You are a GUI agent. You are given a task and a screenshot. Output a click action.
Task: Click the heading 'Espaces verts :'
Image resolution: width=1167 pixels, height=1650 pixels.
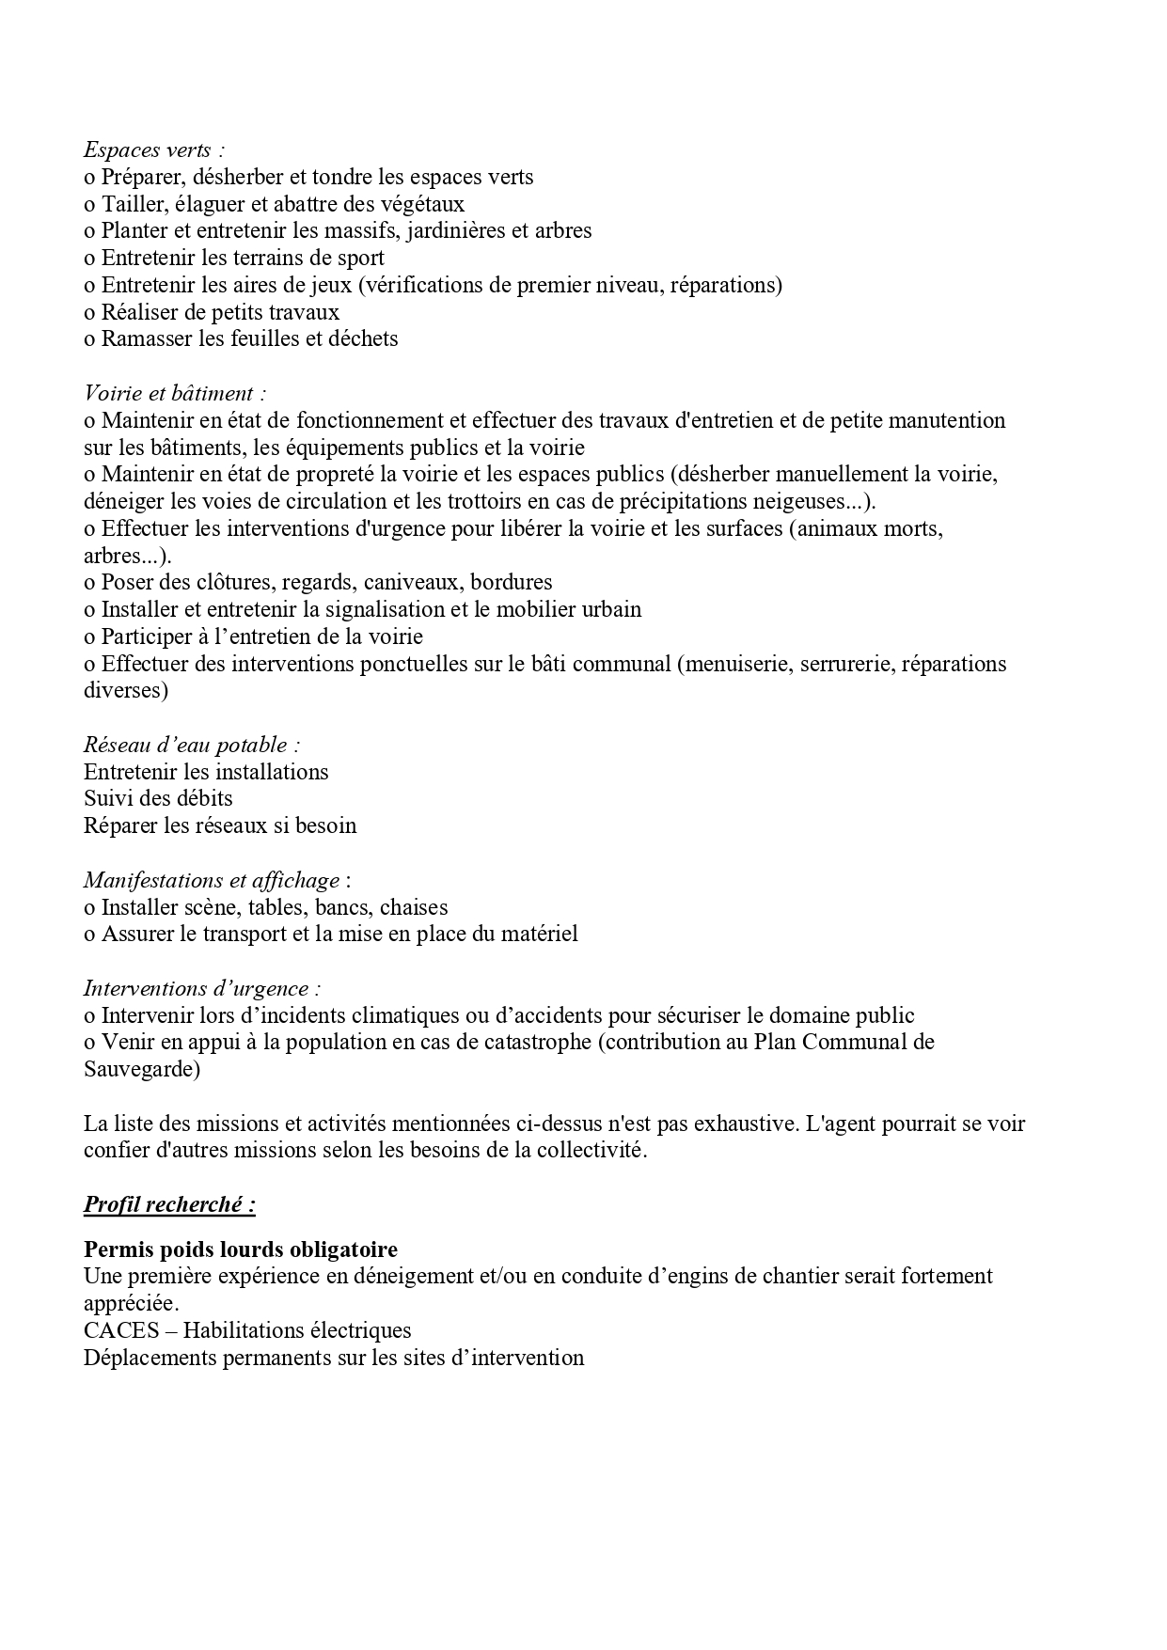pyautogui.click(x=154, y=149)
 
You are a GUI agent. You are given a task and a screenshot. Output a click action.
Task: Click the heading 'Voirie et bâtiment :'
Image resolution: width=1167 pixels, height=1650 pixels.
pyautogui.click(x=175, y=393)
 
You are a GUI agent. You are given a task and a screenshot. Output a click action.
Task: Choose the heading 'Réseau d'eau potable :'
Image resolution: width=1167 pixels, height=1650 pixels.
pyautogui.click(x=192, y=745)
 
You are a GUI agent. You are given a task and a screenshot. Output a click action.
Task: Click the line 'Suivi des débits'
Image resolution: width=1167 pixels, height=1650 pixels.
pyautogui.click(x=158, y=798)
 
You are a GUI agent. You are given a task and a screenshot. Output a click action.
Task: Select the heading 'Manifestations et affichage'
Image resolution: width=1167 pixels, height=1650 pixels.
pyautogui.click(x=212, y=880)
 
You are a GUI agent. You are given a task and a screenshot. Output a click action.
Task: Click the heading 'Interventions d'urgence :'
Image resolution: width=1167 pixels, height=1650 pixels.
pyautogui.click(x=202, y=988)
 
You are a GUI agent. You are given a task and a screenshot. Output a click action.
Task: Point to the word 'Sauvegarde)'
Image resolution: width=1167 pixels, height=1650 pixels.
pyautogui.click(x=142, y=1069)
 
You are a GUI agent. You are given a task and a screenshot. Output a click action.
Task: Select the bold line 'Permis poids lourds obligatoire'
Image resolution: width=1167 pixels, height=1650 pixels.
pyautogui.click(x=241, y=1249)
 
